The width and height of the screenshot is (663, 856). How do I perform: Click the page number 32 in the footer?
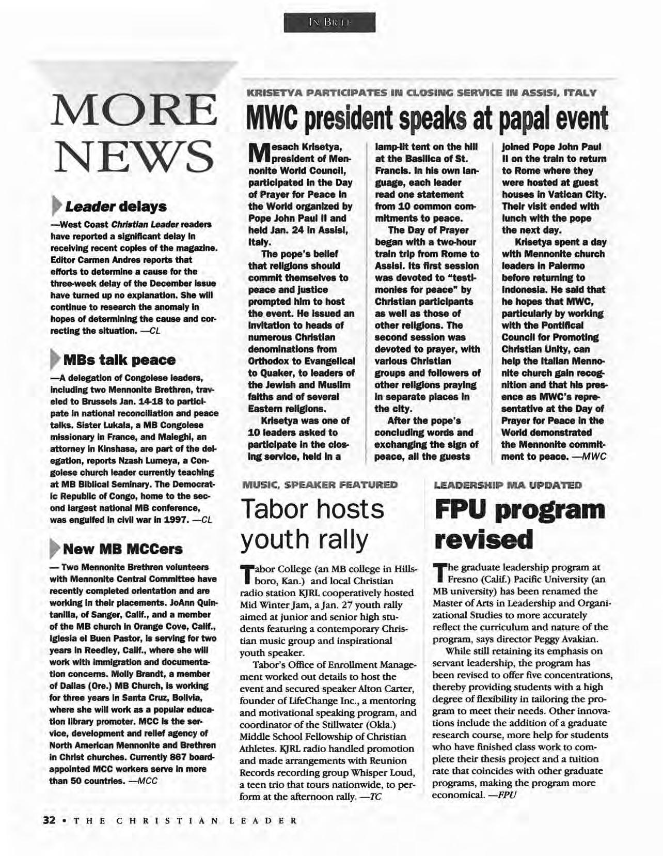(x=49, y=820)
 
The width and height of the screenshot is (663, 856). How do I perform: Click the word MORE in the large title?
(x=133, y=111)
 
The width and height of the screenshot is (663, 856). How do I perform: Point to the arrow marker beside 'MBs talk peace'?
(x=54, y=359)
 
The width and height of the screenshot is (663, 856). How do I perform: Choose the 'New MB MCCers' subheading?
(x=122, y=548)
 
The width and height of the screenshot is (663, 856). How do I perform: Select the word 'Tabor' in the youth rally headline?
(x=275, y=509)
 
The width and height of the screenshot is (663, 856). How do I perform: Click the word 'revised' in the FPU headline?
(x=483, y=540)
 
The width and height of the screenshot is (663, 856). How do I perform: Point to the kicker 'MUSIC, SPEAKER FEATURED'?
(x=320, y=485)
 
